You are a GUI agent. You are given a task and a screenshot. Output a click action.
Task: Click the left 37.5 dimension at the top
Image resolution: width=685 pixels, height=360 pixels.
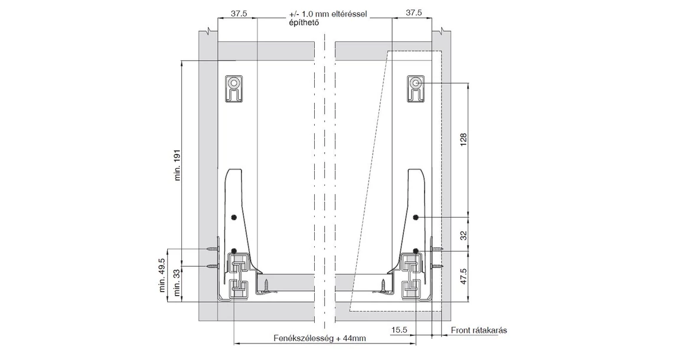(x=239, y=12)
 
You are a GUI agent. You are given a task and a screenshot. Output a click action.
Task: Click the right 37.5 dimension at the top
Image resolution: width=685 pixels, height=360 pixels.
(x=414, y=12)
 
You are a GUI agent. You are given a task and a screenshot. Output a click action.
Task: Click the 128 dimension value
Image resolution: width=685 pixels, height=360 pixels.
(x=464, y=139)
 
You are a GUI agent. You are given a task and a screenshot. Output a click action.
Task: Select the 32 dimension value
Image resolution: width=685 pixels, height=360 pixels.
(x=464, y=234)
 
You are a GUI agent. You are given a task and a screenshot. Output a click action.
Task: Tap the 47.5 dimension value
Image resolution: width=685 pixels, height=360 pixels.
(x=464, y=276)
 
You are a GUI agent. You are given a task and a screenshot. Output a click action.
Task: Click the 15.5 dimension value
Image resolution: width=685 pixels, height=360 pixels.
(x=399, y=330)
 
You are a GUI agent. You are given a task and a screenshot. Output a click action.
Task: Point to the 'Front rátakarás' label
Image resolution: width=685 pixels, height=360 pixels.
(x=478, y=330)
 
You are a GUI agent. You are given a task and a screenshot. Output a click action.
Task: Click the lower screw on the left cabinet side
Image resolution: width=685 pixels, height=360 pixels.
(x=213, y=267)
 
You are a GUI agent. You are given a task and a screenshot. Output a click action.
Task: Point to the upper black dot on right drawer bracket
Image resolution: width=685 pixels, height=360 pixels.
(x=416, y=217)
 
